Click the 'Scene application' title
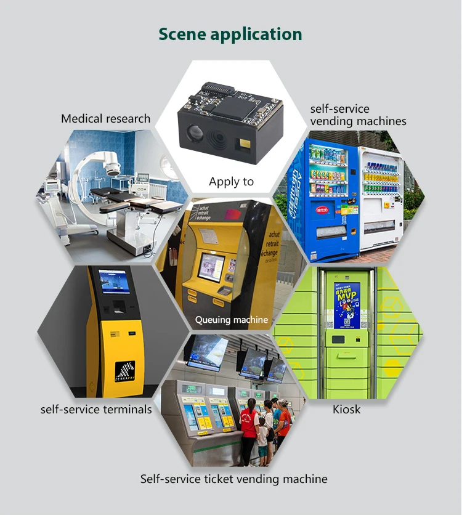point(230,34)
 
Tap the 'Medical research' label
point(105,118)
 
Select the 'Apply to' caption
point(231,181)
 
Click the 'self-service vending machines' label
point(358,115)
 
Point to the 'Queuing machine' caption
point(232,320)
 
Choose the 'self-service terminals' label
point(96,409)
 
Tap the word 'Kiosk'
point(347,409)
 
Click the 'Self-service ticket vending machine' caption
point(233,479)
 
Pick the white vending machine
point(381,197)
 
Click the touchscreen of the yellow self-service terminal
point(114,282)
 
